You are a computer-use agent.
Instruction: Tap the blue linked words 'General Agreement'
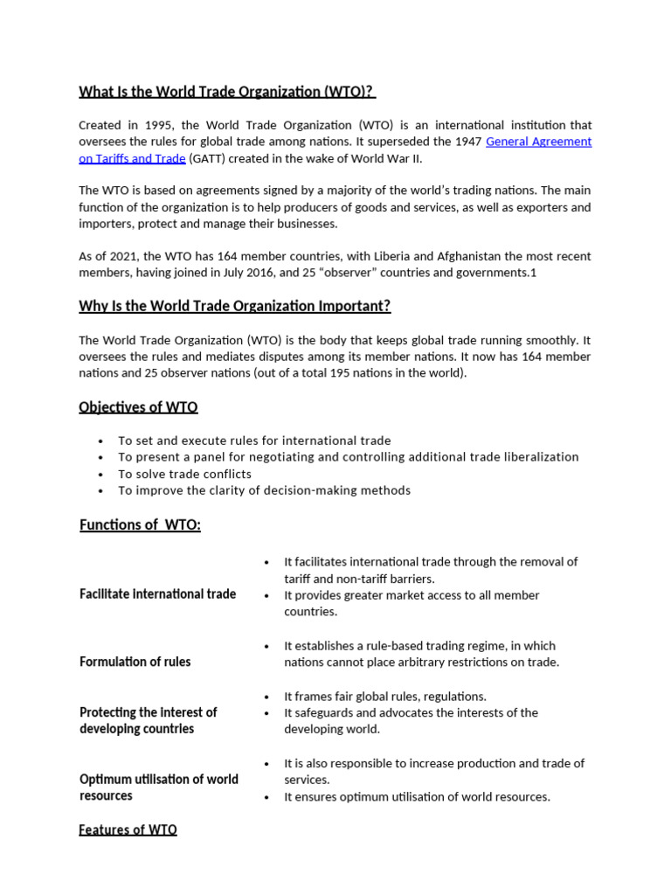(x=538, y=142)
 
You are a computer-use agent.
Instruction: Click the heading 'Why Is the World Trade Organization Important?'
(x=234, y=306)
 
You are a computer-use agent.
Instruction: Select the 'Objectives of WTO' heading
(x=138, y=407)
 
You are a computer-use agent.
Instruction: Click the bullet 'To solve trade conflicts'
(x=184, y=474)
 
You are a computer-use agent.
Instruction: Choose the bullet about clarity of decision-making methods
(x=264, y=490)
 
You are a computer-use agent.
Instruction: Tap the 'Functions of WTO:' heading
(x=140, y=524)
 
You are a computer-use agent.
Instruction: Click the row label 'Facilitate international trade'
(x=157, y=594)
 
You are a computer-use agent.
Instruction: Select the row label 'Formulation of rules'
(x=135, y=662)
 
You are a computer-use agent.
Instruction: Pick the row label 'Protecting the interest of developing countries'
(x=148, y=720)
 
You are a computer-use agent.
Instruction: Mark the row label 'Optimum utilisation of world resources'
(x=158, y=787)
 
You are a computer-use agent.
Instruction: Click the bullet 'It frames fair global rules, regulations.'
(x=384, y=696)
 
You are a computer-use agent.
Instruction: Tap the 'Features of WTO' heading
(x=128, y=829)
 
